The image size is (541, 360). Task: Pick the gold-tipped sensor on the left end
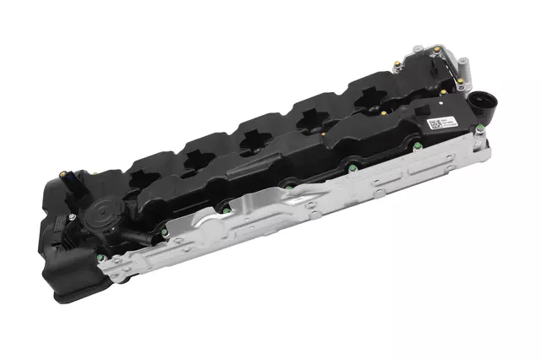pos(63,176)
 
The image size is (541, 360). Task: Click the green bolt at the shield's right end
pos(479,128)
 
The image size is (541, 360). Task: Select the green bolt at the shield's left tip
pos(101,259)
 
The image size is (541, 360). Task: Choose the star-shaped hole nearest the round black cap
pos(143,181)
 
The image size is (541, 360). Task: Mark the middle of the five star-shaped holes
pos(251,140)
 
